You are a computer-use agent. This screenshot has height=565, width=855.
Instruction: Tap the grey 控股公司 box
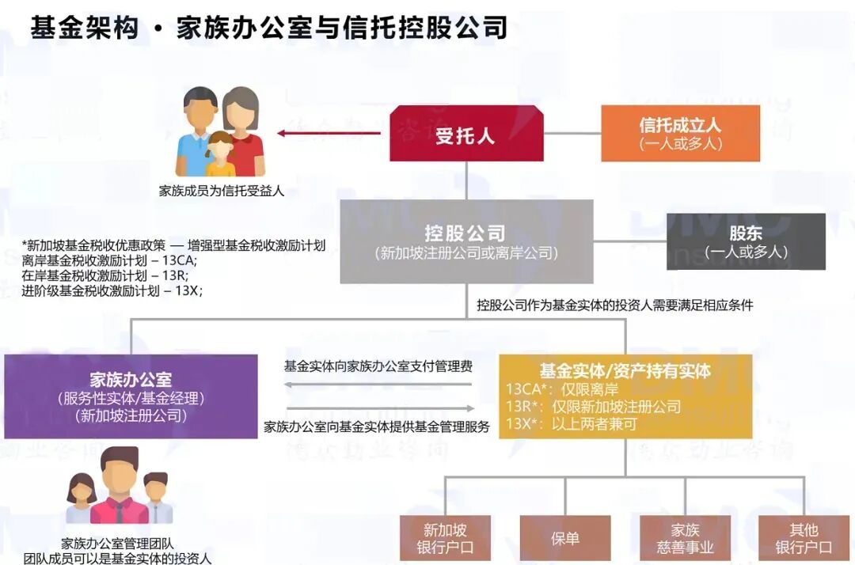tap(466, 241)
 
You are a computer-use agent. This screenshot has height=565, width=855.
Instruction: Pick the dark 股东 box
tap(745, 241)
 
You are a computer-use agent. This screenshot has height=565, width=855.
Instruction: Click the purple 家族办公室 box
tap(131, 396)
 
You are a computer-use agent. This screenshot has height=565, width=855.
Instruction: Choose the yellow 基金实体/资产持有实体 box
tap(625, 396)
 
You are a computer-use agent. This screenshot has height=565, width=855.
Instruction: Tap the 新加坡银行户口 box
tap(445, 538)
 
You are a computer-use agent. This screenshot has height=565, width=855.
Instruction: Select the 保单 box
tap(564, 538)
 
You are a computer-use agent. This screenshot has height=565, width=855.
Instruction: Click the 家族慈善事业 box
tap(685, 538)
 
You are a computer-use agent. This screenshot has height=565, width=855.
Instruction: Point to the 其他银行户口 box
tap(804, 538)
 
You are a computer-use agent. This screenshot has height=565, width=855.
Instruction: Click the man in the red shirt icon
tap(120, 487)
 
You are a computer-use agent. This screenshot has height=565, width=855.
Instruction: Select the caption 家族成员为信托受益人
tap(222, 191)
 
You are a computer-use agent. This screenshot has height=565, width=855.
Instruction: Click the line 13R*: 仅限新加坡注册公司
tap(593, 407)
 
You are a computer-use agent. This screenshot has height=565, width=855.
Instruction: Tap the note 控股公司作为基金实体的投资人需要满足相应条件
tap(614, 305)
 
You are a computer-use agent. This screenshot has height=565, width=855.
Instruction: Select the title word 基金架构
tap(84, 28)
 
